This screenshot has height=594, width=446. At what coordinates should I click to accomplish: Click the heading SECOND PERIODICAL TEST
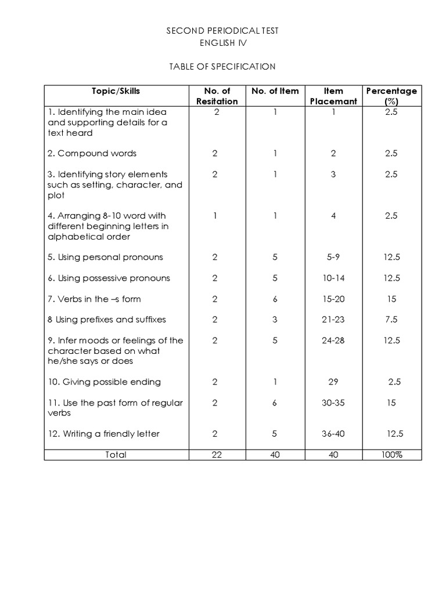tap(222, 31)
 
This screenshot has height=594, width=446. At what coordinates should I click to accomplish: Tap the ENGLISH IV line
tap(222, 43)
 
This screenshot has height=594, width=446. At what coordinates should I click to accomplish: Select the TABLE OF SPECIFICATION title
tap(222, 67)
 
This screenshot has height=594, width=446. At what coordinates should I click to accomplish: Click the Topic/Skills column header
tap(116, 91)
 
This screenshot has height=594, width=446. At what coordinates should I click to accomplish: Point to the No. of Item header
tap(275, 91)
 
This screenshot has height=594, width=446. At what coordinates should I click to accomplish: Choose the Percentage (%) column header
tap(391, 96)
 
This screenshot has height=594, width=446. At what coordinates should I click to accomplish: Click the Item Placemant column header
tap(333, 96)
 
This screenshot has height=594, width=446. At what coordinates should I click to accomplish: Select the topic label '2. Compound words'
tap(92, 154)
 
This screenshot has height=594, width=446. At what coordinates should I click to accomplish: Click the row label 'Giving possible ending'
tap(105, 382)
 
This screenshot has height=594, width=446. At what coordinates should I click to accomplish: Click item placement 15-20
tap(333, 299)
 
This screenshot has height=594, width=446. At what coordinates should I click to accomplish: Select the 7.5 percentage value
tap(391, 320)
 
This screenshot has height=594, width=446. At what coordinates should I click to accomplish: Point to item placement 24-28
tap(333, 341)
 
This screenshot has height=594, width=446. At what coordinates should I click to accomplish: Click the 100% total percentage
tap(391, 455)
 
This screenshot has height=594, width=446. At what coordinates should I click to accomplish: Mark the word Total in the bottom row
tap(116, 455)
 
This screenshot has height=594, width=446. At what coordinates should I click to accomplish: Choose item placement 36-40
tap(333, 434)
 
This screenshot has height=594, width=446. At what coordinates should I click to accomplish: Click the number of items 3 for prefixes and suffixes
tap(275, 320)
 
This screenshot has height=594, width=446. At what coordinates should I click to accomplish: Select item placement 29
tap(333, 382)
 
